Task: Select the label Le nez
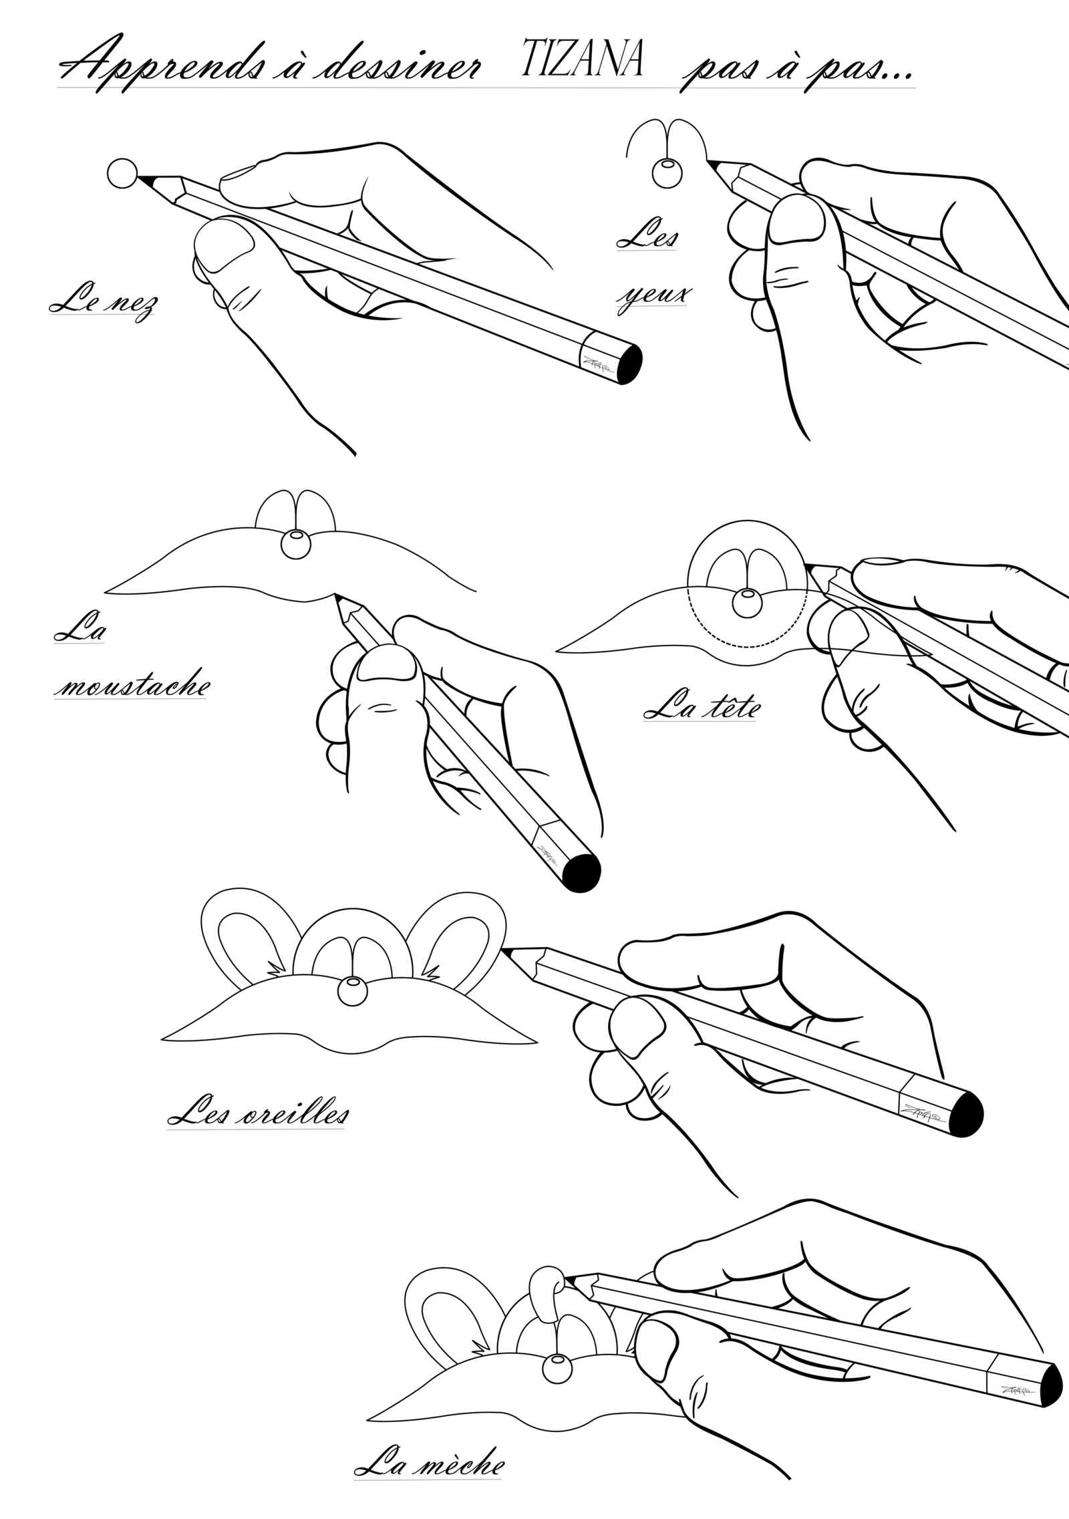(104, 304)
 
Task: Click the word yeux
(654, 295)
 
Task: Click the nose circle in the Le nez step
(122, 174)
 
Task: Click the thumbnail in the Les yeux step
(796, 219)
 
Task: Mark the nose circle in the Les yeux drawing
(667, 173)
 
